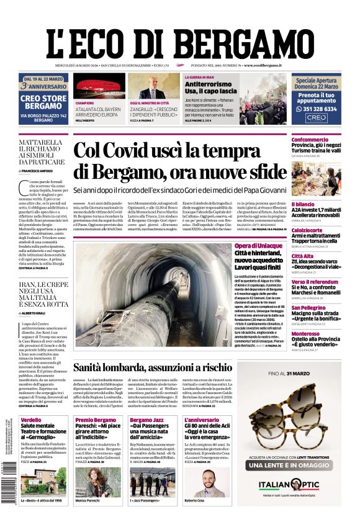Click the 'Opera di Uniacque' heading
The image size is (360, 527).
coord(258,247)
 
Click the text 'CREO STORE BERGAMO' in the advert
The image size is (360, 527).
coord(43,102)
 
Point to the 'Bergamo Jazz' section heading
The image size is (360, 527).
coord(145,420)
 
